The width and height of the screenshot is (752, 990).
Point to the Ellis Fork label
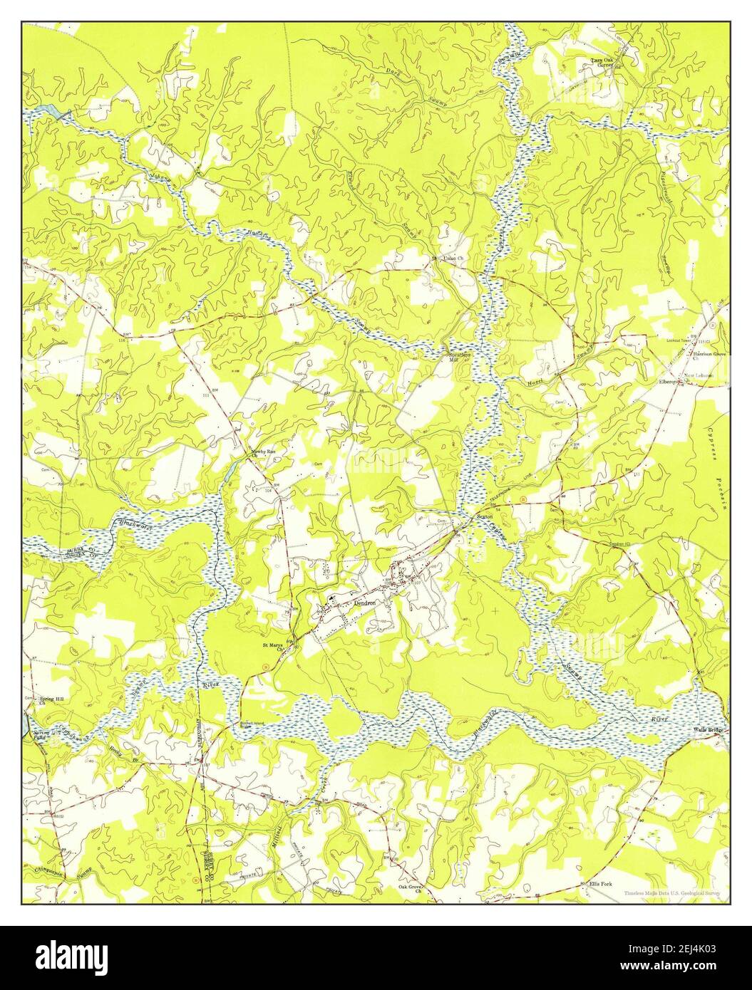tap(600, 884)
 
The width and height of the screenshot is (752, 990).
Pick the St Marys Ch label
tap(274, 647)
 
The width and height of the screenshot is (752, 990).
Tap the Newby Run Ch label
tap(262, 454)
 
